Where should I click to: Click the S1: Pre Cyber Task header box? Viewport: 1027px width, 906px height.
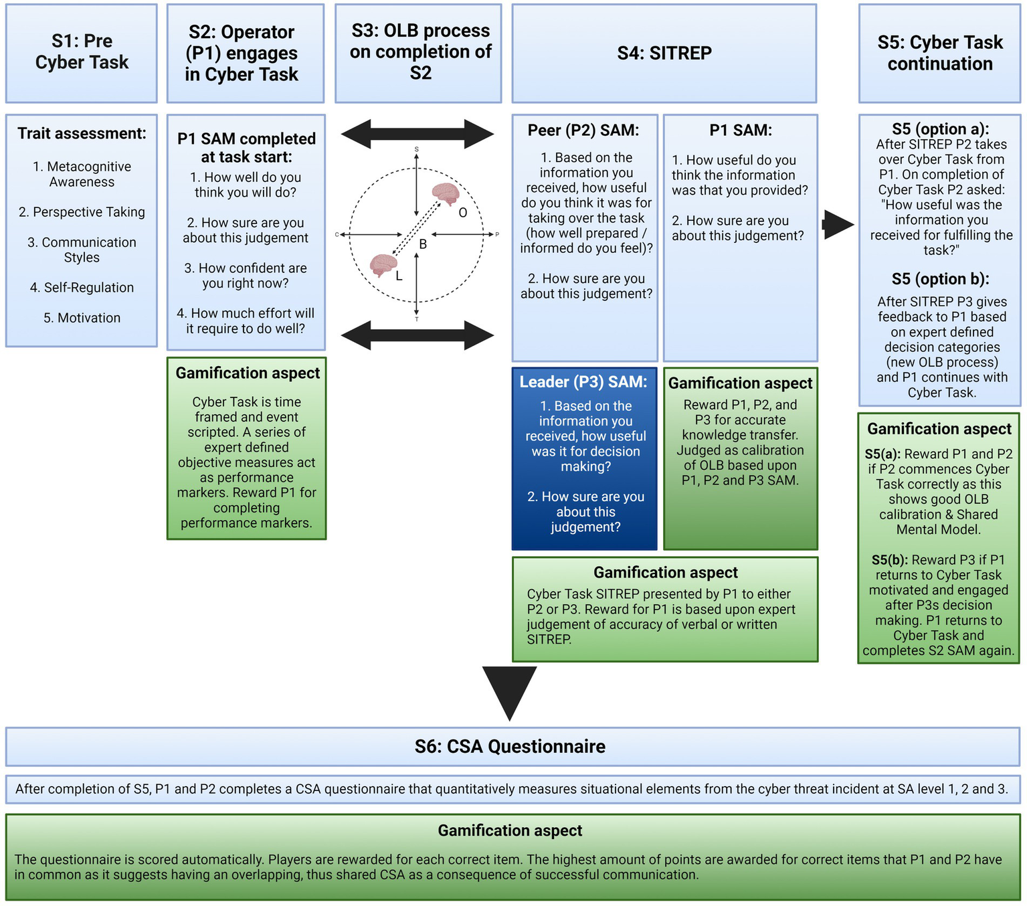(x=82, y=52)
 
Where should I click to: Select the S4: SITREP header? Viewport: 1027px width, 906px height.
(x=664, y=53)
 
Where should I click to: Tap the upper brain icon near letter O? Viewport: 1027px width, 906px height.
(x=445, y=194)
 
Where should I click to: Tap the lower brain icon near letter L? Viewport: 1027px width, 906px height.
(x=383, y=265)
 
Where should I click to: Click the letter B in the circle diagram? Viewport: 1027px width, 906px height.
(x=423, y=244)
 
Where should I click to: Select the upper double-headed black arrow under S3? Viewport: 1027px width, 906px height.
(x=417, y=134)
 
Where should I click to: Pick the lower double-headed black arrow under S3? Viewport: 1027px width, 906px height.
(x=417, y=335)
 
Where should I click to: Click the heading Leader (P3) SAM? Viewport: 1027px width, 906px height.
(x=583, y=382)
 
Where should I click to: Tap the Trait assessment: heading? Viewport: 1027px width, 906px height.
(x=82, y=134)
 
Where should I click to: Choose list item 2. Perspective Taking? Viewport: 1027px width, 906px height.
(x=82, y=212)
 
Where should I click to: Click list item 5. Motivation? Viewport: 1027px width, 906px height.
(x=82, y=318)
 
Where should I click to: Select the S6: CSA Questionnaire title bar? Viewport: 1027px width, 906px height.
(x=510, y=747)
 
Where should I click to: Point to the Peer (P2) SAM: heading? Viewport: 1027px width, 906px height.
(x=583, y=130)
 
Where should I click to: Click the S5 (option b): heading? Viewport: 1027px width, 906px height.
(x=940, y=279)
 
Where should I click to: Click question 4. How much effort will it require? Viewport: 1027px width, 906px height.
(x=246, y=321)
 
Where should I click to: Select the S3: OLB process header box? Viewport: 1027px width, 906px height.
(x=419, y=52)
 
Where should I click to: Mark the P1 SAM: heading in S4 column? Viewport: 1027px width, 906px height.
(x=740, y=130)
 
